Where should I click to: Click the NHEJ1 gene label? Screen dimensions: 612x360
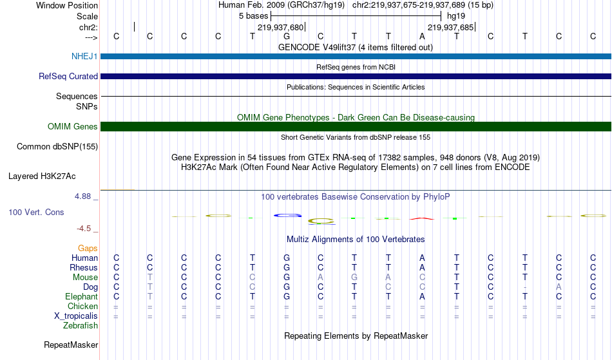[x=84, y=56]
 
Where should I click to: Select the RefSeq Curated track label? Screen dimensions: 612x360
[x=68, y=76]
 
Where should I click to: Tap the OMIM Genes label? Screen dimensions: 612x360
[x=73, y=126]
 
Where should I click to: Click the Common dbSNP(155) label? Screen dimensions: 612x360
[x=57, y=147]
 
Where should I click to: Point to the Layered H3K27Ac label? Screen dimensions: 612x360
[x=42, y=176]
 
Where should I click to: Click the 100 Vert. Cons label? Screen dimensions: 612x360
[x=36, y=212]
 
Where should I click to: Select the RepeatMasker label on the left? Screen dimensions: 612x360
[x=71, y=345]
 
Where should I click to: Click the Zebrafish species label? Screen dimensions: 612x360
[x=81, y=325]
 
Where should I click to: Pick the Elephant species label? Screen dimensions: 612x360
[x=82, y=296]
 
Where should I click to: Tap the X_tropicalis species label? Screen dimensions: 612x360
[x=76, y=316]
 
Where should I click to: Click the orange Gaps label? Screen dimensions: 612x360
[x=88, y=248]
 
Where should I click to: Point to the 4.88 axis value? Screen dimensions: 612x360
[x=82, y=196]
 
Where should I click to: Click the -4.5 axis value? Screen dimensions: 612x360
[x=84, y=228]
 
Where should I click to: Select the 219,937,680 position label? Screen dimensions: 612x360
[x=280, y=27]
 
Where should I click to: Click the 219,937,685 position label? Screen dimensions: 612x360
[x=450, y=27]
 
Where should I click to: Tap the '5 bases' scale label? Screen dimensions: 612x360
[x=254, y=16]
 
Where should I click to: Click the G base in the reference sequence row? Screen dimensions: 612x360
[x=287, y=36]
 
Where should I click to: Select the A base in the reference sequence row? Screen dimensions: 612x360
[x=422, y=36]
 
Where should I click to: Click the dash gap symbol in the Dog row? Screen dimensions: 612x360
[x=525, y=287]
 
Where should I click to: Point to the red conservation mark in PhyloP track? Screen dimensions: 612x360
[x=422, y=218]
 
